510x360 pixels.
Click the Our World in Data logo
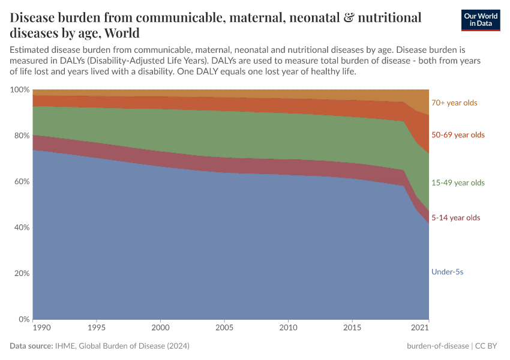[x=480, y=20]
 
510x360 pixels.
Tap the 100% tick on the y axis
[x=20, y=89]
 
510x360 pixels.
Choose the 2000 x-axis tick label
[x=160, y=328]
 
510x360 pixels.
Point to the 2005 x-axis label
[x=224, y=328]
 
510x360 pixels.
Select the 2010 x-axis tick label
[x=289, y=328]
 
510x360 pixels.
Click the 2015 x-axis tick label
[x=352, y=328]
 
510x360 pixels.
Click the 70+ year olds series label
[x=454, y=103]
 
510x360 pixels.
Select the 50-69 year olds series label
[x=458, y=135]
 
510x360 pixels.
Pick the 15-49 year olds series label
[x=458, y=182]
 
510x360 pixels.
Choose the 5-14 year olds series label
[x=455, y=218]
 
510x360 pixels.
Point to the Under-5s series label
[x=447, y=272]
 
